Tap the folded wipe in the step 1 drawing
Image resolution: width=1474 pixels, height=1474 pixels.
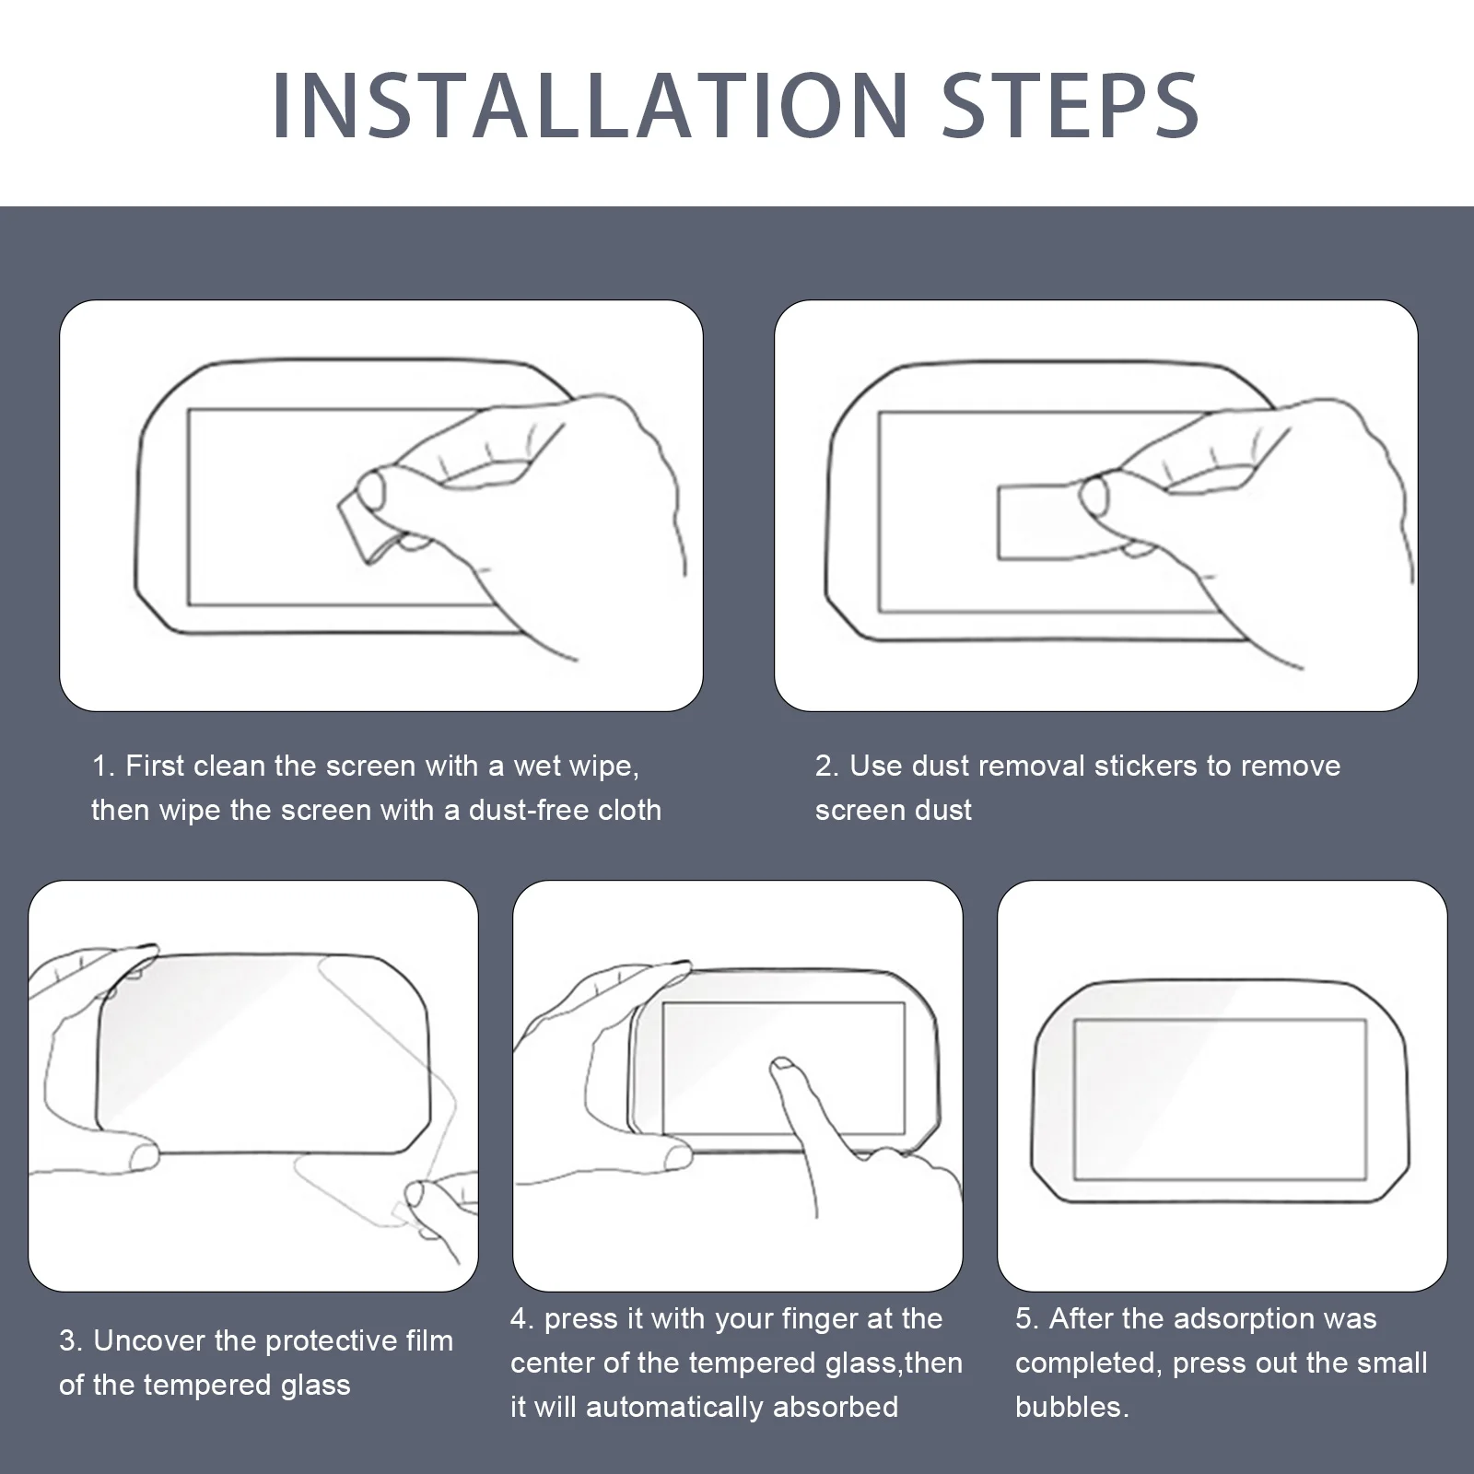365,526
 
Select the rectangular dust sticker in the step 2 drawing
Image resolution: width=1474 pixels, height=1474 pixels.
1046,521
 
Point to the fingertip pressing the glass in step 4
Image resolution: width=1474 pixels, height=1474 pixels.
782,1068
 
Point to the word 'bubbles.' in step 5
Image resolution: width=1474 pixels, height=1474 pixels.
1072,1407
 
